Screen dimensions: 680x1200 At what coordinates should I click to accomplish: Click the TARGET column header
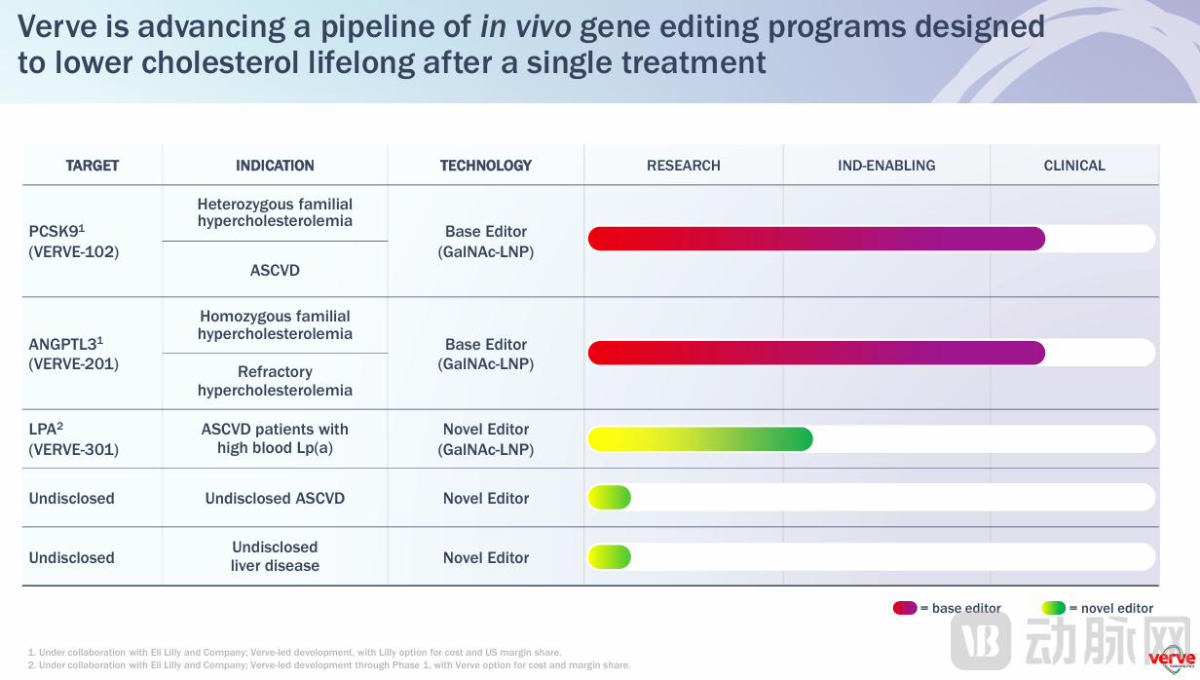(93, 166)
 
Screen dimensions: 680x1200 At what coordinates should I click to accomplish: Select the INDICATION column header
(275, 166)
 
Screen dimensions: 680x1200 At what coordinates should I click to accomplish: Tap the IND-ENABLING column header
(886, 166)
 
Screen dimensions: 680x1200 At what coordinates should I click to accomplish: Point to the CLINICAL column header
(1074, 166)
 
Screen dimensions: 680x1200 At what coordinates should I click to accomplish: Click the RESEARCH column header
(684, 166)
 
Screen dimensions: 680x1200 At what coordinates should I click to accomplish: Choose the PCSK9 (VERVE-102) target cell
(74, 242)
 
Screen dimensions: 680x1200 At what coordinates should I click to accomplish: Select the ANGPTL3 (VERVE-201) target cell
(74, 354)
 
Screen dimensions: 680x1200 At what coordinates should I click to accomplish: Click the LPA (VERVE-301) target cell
(74, 439)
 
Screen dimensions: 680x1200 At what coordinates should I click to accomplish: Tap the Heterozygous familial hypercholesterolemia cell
(275, 212)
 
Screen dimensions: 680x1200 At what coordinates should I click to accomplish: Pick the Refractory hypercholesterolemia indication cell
(275, 381)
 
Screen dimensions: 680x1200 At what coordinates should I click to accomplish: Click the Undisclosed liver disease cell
(275, 556)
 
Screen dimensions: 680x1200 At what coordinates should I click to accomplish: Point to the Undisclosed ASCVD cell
(275, 499)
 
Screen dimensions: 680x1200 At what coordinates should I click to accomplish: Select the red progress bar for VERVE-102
(816, 239)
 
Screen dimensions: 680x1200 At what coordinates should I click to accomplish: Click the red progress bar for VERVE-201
(816, 353)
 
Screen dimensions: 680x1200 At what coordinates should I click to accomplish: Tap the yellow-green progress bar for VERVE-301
(699, 439)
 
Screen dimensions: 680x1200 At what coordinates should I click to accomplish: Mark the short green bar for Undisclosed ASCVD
(610, 498)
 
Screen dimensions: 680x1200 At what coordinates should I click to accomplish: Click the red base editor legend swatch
(905, 608)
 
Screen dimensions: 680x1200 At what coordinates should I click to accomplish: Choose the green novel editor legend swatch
(1053, 608)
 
